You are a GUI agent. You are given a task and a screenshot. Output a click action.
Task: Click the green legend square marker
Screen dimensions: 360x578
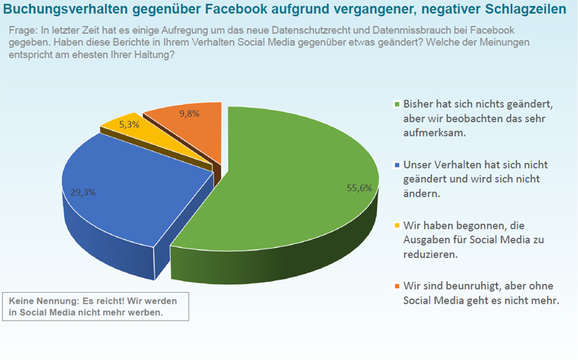click(x=396, y=104)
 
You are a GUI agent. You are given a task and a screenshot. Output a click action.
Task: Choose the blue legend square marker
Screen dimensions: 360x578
click(x=396, y=165)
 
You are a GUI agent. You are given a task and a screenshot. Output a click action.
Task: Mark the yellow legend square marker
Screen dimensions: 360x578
click(x=396, y=226)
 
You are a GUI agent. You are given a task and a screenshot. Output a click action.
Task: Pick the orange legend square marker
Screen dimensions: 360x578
click(x=396, y=287)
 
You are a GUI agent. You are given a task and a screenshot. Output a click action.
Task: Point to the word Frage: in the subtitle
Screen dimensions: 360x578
click(x=22, y=30)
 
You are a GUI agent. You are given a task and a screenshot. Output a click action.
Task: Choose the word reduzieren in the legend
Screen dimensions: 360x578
click(x=430, y=254)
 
